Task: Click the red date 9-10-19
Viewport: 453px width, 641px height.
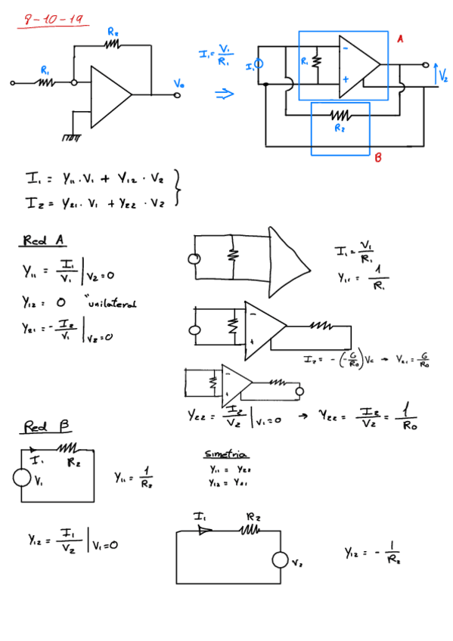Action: click(x=53, y=20)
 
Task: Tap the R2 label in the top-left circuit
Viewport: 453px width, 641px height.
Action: click(x=113, y=32)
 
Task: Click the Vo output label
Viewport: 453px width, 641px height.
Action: click(x=178, y=83)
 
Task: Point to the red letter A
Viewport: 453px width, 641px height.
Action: click(x=400, y=39)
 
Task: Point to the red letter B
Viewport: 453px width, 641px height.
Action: click(x=377, y=158)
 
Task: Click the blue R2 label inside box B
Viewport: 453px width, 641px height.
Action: click(x=340, y=129)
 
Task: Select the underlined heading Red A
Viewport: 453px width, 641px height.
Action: click(x=43, y=240)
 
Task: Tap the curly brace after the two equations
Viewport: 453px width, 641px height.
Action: click(x=177, y=187)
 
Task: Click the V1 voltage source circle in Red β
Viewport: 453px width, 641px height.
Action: click(x=22, y=478)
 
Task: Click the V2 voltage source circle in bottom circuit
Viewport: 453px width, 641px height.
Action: click(x=281, y=561)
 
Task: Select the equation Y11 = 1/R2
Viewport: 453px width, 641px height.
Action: click(x=135, y=477)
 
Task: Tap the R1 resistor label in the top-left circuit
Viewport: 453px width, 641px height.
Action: click(x=45, y=70)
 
